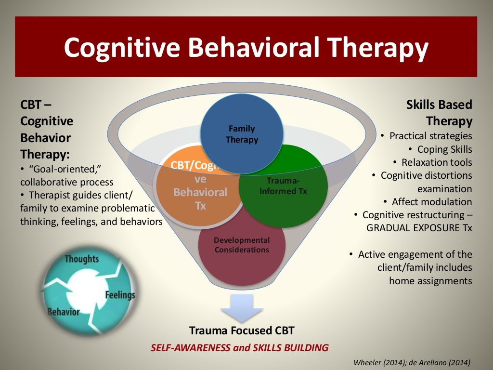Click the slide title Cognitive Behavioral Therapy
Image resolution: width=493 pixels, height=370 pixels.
click(246, 47)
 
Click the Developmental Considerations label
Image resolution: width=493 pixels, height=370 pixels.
click(242, 245)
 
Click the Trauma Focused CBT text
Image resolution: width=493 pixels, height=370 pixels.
click(242, 330)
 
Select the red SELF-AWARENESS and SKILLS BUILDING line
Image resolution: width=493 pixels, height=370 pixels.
click(240, 347)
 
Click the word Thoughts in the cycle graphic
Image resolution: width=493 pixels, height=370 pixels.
click(81, 259)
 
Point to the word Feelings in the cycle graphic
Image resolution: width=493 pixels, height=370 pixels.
click(119, 295)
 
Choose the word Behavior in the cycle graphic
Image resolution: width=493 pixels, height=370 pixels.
click(63, 312)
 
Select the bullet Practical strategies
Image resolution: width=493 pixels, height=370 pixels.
click(430, 136)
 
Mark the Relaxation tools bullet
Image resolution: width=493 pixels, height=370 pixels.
click(436, 162)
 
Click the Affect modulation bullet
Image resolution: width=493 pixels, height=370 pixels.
click(432, 202)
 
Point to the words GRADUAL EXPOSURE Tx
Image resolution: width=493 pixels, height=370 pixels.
click(419, 228)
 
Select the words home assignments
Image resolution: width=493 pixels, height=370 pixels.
click(430, 280)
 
